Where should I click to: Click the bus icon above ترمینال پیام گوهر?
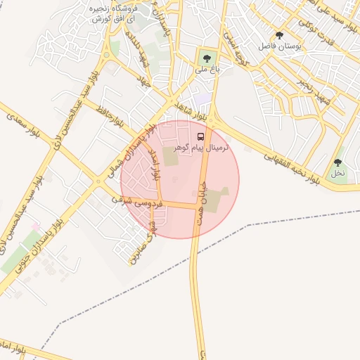[202, 136]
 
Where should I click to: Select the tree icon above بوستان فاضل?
[280, 35]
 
